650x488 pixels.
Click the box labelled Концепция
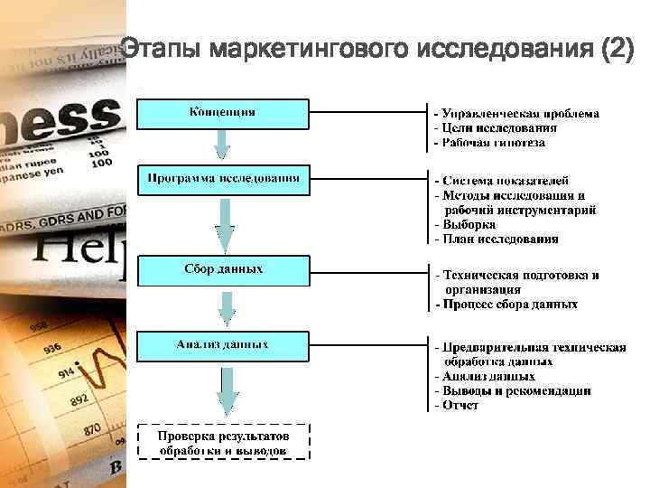point(222,113)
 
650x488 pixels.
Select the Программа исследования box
point(222,179)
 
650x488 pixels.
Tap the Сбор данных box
point(222,270)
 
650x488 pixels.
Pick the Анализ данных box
point(222,345)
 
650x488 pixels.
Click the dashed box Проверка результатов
point(222,441)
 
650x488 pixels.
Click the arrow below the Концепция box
point(223,143)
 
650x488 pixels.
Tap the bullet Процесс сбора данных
point(506,305)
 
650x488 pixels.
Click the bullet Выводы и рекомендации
point(512,390)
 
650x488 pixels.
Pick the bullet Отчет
point(459,405)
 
